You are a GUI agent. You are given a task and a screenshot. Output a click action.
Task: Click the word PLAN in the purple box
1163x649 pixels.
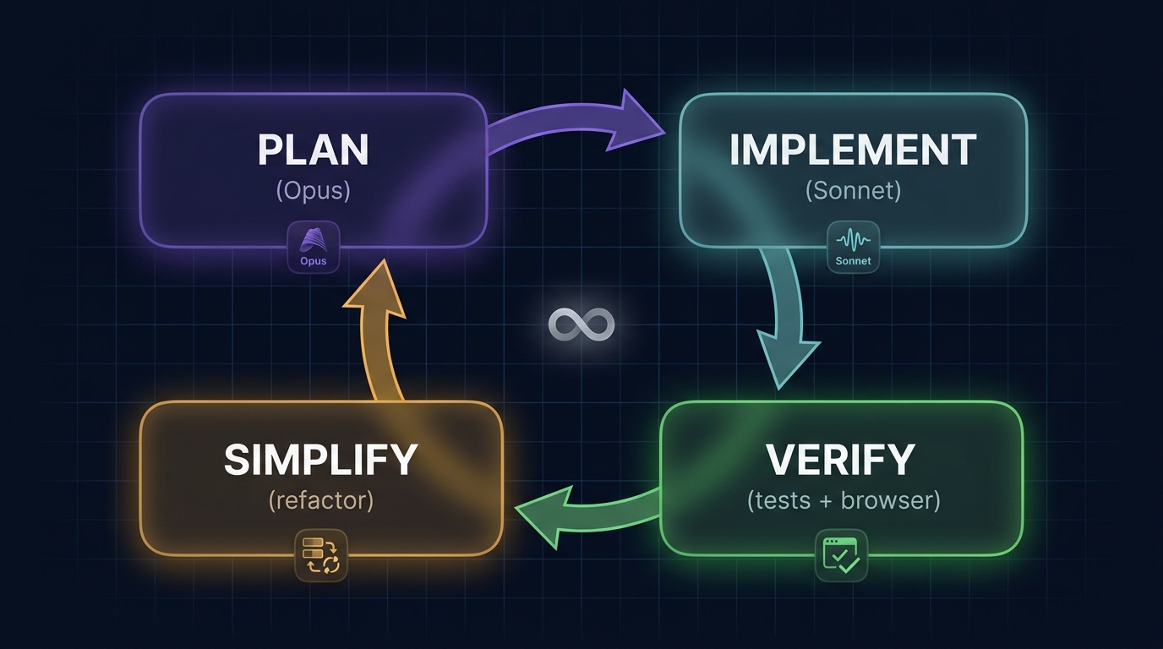(313, 150)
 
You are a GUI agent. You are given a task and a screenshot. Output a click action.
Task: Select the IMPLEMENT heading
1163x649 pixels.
(853, 150)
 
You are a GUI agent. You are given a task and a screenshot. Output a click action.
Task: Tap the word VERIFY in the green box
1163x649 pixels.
(841, 459)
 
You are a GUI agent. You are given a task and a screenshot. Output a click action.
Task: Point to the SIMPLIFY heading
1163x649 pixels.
(321, 459)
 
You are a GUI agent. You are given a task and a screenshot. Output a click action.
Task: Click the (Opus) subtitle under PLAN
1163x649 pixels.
(313, 190)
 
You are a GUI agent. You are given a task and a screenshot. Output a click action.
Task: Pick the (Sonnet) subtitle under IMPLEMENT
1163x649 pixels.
(853, 190)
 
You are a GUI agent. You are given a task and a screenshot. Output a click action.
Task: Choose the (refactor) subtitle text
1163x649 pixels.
(321, 500)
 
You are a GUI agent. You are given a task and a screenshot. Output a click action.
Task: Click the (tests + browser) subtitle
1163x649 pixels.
(844, 500)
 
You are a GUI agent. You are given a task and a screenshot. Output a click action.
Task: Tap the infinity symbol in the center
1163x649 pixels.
(581, 324)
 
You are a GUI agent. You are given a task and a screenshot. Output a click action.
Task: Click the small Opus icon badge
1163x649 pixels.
(313, 247)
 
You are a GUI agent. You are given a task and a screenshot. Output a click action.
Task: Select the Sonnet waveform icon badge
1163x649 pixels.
(853, 248)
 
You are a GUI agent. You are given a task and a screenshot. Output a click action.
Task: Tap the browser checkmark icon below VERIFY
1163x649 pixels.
(841, 554)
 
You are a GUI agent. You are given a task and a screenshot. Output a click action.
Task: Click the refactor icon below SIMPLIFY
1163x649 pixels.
(320, 555)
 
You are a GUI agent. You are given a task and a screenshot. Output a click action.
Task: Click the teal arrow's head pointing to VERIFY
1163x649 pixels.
(787, 359)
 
